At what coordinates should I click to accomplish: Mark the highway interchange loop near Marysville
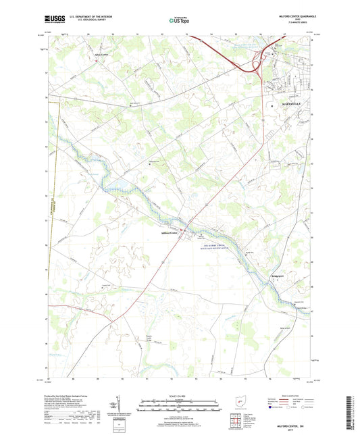click(x=257, y=66)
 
